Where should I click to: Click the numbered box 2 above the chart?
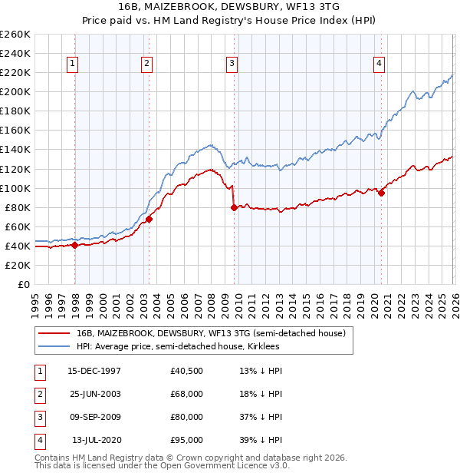click(x=146, y=64)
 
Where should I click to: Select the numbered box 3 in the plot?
click(x=232, y=64)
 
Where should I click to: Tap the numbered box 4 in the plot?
click(x=379, y=64)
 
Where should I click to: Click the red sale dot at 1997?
click(x=74, y=246)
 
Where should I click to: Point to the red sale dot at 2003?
click(x=149, y=219)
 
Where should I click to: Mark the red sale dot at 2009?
click(x=233, y=207)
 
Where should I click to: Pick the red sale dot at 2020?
click(x=381, y=193)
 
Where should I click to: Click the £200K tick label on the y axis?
click(x=15, y=91)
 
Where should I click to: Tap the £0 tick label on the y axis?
click(x=23, y=284)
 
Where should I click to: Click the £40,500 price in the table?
click(x=187, y=371)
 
